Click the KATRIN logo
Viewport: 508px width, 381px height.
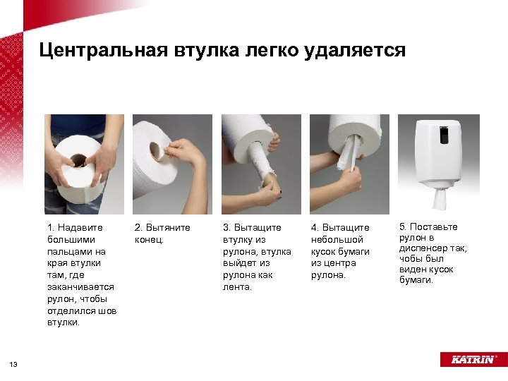473,359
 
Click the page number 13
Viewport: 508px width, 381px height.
13,365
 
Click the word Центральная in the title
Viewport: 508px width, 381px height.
103,50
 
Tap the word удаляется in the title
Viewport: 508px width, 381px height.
355,52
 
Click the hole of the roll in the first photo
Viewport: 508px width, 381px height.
79,160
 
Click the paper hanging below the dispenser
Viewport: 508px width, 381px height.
439,198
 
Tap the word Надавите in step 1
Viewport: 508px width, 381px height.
80,228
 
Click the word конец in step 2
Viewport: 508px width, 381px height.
149,240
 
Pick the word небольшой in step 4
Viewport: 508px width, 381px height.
337,240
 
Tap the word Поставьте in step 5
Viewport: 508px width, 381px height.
434,226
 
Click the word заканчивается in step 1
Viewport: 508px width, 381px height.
80,287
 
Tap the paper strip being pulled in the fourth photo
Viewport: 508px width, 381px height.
349,152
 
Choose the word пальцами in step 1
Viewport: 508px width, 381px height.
76,252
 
